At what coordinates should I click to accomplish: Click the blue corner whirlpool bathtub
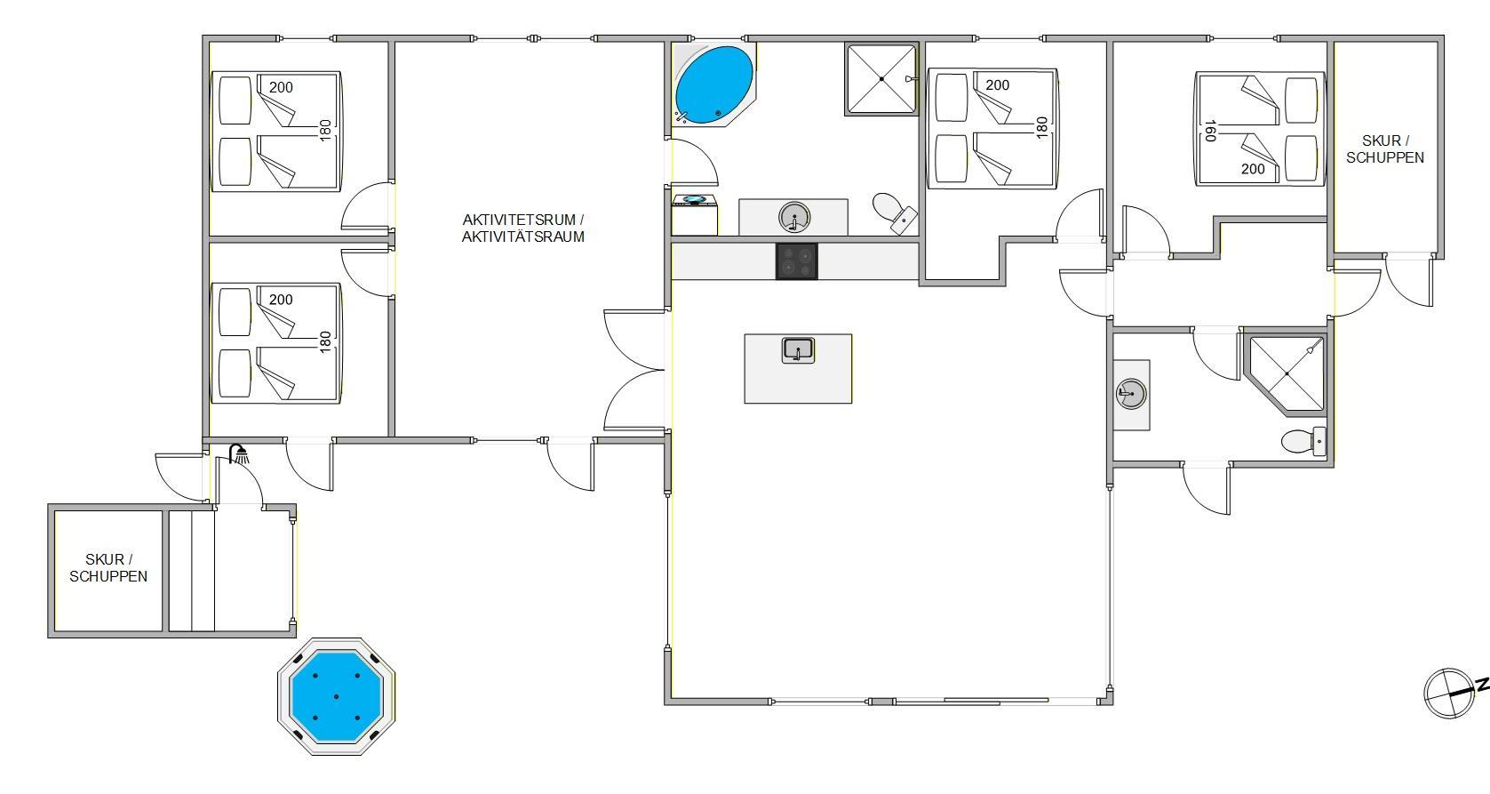click(x=713, y=84)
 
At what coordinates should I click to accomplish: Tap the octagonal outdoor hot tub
click(x=337, y=696)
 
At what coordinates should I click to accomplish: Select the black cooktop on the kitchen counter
click(x=796, y=261)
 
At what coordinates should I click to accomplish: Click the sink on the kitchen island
click(x=798, y=350)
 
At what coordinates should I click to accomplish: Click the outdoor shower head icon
click(x=239, y=454)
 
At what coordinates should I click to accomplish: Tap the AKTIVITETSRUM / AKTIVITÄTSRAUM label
click(x=523, y=229)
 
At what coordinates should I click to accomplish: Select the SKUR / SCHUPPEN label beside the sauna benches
click(x=108, y=567)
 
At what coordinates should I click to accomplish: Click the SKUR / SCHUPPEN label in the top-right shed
click(x=1385, y=149)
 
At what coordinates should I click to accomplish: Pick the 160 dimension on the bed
click(x=1210, y=131)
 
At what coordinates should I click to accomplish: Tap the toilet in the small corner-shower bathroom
click(x=1303, y=441)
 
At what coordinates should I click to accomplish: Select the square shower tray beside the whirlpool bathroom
click(x=881, y=79)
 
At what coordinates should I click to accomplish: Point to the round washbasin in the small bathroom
click(x=1131, y=393)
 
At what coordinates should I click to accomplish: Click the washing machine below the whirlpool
click(x=695, y=215)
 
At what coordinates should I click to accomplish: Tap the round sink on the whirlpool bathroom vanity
click(x=794, y=217)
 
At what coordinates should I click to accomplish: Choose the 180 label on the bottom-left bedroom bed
click(x=325, y=342)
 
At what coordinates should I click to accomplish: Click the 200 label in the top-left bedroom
click(x=281, y=87)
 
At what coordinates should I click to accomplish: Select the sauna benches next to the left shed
click(x=192, y=570)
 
